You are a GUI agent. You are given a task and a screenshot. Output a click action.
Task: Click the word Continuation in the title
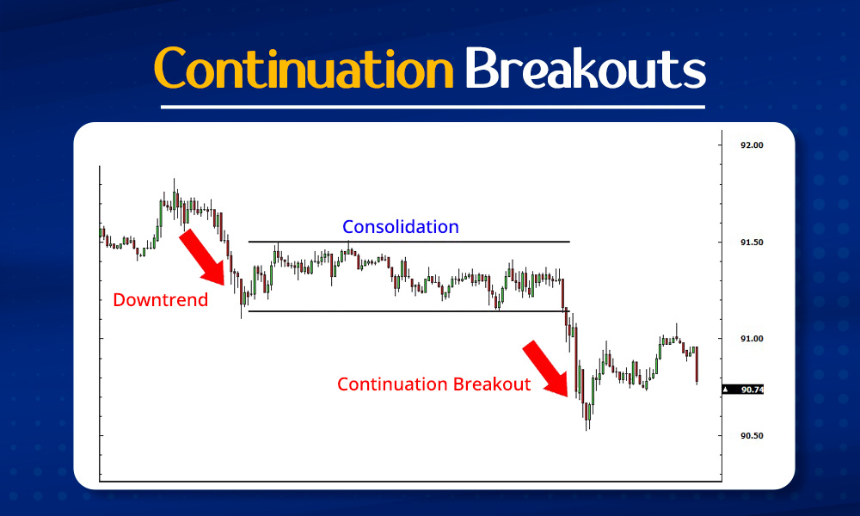pyautogui.click(x=304, y=68)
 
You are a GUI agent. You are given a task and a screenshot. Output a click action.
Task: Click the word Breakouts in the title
pyautogui.click(x=586, y=68)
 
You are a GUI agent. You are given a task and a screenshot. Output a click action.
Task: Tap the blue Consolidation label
pyautogui.click(x=400, y=227)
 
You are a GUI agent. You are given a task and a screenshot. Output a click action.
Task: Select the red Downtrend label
pyautogui.click(x=161, y=300)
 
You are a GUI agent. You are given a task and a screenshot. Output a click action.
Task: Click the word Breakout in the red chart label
pyautogui.click(x=492, y=384)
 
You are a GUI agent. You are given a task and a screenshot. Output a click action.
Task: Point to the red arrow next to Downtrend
pyautogui.click(x=203, y=256)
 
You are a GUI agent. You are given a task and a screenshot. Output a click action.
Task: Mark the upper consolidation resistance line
pyautogui.click(x=408, y=242)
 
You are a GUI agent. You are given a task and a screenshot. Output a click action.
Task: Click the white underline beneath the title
pyautogui.click(x=432, y=107)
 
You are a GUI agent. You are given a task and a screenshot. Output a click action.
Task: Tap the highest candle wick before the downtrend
pyautogui.click(x=174, y=191)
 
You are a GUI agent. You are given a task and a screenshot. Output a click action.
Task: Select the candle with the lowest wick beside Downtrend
pyautogui.click(x=242, y=303)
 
